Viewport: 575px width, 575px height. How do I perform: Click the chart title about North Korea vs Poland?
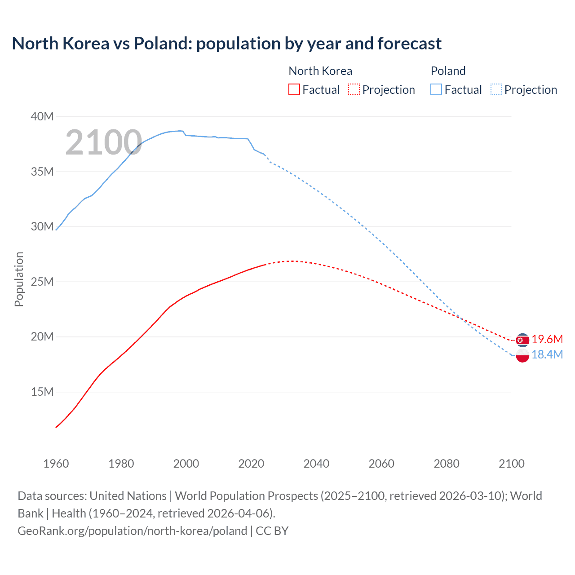pos(226,44)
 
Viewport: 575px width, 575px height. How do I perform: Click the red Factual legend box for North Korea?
pos(294,89)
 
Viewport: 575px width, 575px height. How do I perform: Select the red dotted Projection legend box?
pos(354,89)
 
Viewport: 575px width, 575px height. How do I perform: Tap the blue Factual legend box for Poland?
pos(436,89)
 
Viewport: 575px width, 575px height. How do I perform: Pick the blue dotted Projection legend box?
pos(496,89)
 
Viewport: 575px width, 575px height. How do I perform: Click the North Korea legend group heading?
pos(320,71)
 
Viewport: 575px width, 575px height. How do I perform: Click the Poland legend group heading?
pos(448,71)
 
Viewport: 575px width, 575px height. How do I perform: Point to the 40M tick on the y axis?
pos(42,117)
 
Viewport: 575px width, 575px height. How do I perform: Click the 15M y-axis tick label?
pos(42,392)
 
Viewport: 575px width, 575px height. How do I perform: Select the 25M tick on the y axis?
pos(42,282)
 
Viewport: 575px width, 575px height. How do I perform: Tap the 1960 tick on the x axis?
pos(56,464)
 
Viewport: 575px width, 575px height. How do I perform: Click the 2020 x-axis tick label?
pos(251,464)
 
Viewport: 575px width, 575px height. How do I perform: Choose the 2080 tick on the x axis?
pos(447,464)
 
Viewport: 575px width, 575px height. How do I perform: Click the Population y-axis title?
pos(19,279)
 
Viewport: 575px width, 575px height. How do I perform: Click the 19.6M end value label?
pos(547,339)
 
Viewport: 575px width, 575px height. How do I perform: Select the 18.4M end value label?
pos(547,354)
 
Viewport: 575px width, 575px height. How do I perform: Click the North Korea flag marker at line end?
pos(522,340)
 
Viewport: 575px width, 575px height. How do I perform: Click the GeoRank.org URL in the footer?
pos(133,531)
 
